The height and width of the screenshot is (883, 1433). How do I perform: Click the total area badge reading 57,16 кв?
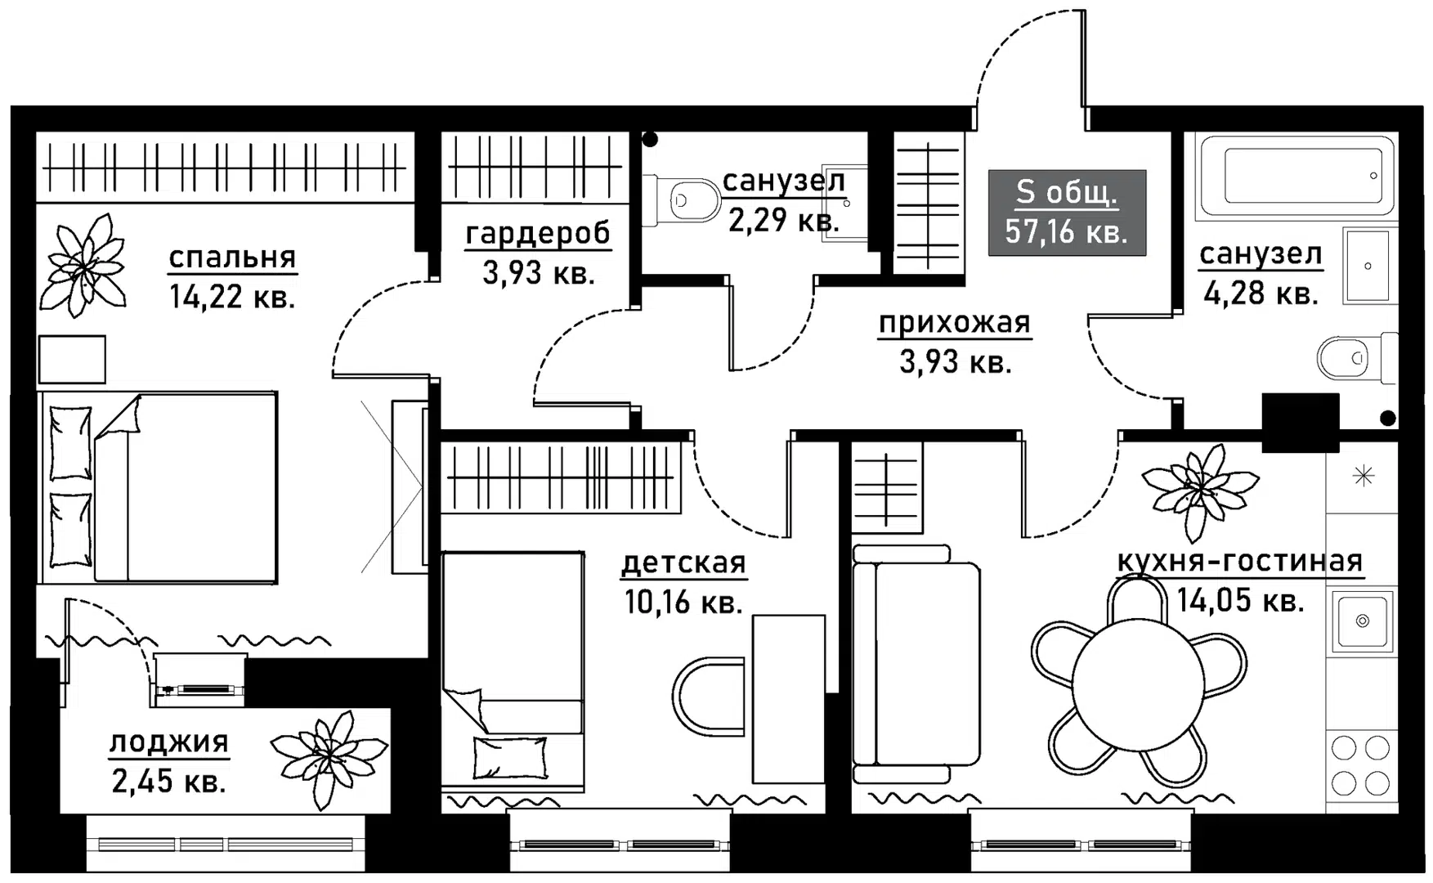tap(1067, 213)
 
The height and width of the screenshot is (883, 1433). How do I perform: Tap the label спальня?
tap(232, 258)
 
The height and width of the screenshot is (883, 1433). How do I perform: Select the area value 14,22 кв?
tap(232, 296)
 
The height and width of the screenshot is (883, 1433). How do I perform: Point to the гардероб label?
tap(538, 234)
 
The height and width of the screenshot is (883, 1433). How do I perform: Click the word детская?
tap(683, 563)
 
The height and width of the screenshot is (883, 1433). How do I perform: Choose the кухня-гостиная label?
tap(1240, 562)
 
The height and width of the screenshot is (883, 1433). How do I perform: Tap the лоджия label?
tap(169, 742)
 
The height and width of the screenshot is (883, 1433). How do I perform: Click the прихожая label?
tap(955, 324)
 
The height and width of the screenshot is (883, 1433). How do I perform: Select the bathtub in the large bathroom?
tap(1296, 177)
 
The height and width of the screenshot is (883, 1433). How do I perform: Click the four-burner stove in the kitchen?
tap(1361, 765)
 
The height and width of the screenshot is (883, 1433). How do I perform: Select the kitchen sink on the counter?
tap(1362, 621)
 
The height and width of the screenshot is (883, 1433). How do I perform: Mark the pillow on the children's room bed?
tap(510, 757)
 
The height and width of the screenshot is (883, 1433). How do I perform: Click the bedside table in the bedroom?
tap(72, 359)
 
